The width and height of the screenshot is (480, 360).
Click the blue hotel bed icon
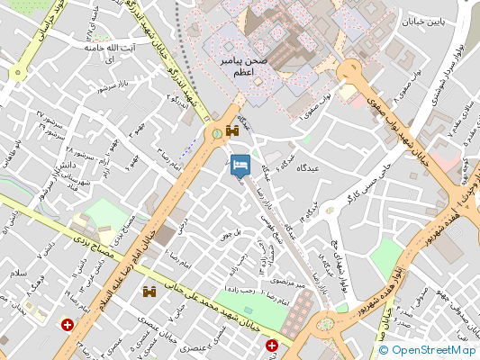[x=240, y=165]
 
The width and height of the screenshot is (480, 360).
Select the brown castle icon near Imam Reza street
[x=149, y=292]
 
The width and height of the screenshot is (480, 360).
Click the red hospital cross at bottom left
[x=67, y=325]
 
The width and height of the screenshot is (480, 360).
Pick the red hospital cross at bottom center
[x=272, y=345]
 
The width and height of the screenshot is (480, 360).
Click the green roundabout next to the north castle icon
[x=218, y=135]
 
